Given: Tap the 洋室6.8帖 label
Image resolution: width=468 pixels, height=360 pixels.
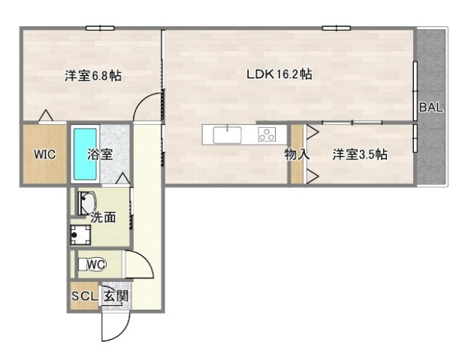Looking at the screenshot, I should (x=93, y=76).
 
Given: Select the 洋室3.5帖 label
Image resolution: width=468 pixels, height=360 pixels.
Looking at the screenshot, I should (x=360, y=155).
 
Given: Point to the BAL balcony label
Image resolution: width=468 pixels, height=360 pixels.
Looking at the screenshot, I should (x=431, y=107).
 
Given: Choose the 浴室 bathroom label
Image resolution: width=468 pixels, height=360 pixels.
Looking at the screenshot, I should (x=100, y=155).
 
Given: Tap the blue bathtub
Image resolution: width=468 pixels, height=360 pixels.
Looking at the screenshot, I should (x=84, y=154).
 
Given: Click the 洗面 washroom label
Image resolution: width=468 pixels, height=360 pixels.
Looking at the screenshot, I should (x=103, y=217).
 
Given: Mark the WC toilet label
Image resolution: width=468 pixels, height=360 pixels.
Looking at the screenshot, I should (x=95, y=265).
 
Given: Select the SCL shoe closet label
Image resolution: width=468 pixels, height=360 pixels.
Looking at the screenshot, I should (x=84, y=296).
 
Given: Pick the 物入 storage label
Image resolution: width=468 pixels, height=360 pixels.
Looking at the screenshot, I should (x=296, y=155).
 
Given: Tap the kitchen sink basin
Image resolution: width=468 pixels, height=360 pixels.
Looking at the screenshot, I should (x=226, y=135).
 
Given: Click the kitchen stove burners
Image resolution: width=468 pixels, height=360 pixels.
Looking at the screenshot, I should (x=267, y=135).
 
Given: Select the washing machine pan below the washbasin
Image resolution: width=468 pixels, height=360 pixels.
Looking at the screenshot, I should (x=80, y=235).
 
